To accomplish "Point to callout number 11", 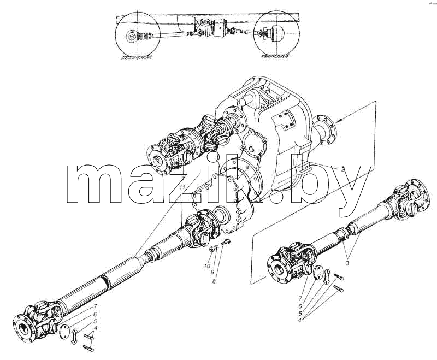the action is tap(182, 187).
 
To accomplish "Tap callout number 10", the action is tap(207, 266).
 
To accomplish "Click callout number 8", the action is tap(214, 281).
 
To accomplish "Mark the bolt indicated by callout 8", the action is tap(225, 241).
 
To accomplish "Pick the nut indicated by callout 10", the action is tap(212, 248).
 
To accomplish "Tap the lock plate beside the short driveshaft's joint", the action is tap(327, 276).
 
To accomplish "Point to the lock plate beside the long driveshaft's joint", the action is tap(74, 336).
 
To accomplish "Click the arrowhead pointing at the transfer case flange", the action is tap(339, 120).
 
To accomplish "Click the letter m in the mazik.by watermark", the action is tap(94, 184).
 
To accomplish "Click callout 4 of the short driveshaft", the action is tap(299, 320).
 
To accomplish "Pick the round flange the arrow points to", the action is tap(324, 131).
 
